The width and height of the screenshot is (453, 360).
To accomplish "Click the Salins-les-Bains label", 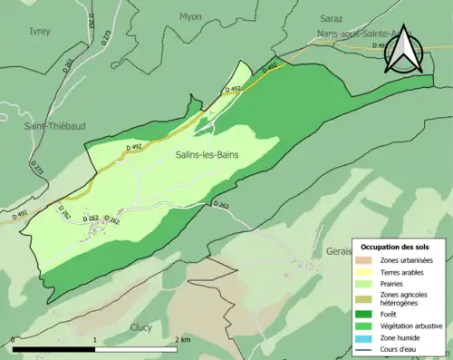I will (207, 156).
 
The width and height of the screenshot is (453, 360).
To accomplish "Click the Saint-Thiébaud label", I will (55, 126).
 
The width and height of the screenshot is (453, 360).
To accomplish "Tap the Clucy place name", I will (140, 327).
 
